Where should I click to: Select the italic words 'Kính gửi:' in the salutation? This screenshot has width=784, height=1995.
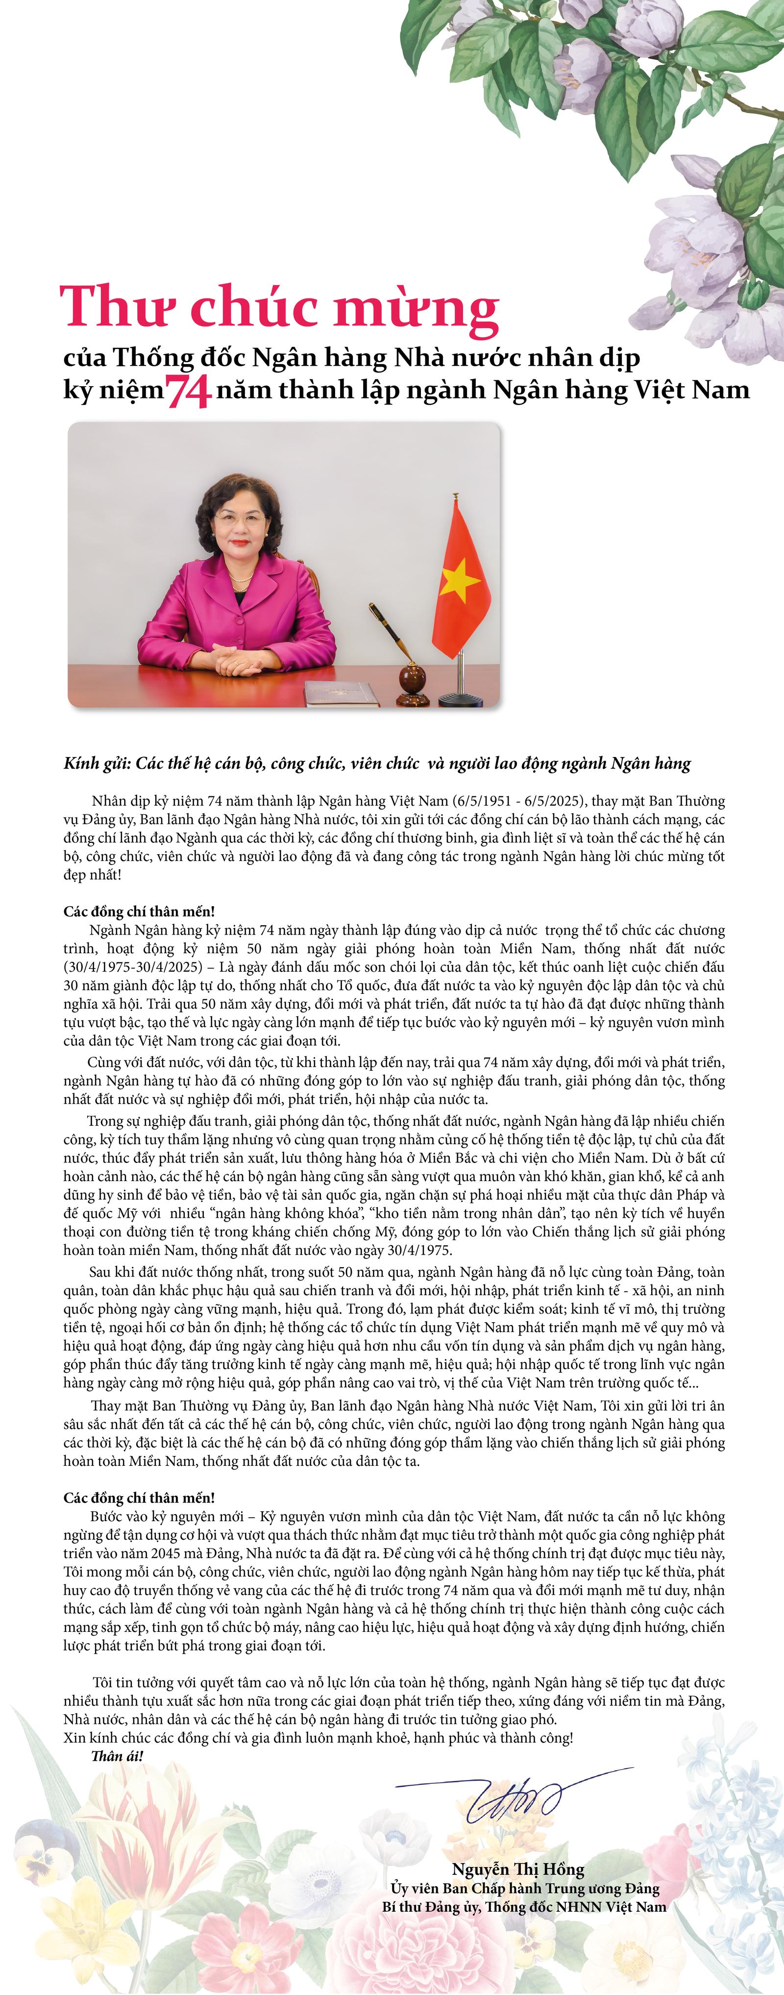pyautogui.click(x=98, y=764)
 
